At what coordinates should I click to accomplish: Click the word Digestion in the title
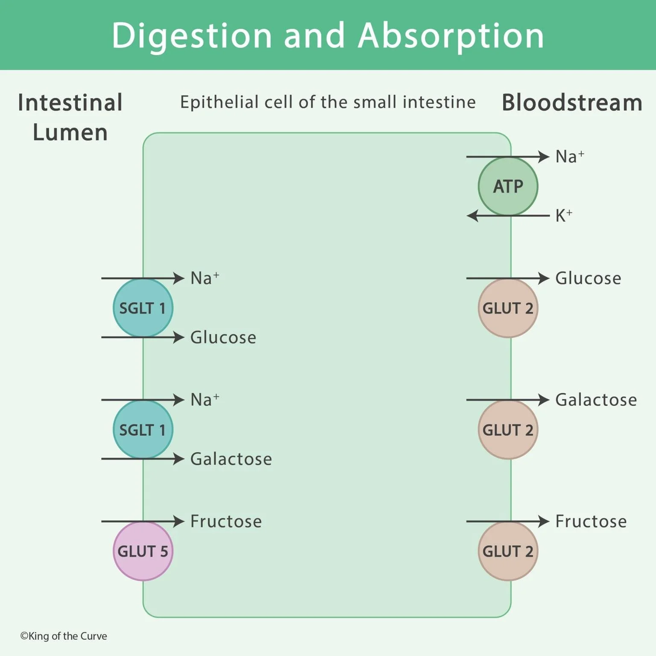(x=192, y=36)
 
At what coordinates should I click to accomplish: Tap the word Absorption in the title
(x=451, y=36)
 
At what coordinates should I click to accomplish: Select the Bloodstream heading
(x=571, y=103)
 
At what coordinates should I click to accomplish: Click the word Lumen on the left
(x=70, y=132)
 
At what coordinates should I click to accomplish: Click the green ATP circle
(x=508, y=186)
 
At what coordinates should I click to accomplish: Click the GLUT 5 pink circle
(x=143, y=551)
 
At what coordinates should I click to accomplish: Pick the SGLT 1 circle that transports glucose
(x=143, y=308)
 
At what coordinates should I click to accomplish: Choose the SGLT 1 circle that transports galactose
(x=143, y=430)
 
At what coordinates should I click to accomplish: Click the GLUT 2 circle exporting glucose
(x=508, y=308)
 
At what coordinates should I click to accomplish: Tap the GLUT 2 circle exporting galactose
(x=508, y=430)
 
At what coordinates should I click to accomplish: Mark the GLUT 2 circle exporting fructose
(x=508, y=551)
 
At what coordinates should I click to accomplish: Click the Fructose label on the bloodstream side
(x=591, y=521)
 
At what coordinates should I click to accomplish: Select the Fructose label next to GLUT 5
(x=226, y=521)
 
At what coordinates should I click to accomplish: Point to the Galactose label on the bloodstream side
(x=596, y=400)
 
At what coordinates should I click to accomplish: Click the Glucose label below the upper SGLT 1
(x=223, y=337)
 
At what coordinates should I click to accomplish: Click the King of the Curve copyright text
(x=64, y=636)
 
